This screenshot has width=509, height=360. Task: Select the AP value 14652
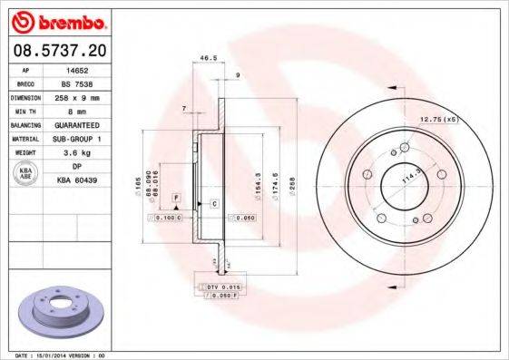pyautogui.click(x=89, y=69)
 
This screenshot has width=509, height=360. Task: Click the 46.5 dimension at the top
pyautogui.click(x=208, y=58)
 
